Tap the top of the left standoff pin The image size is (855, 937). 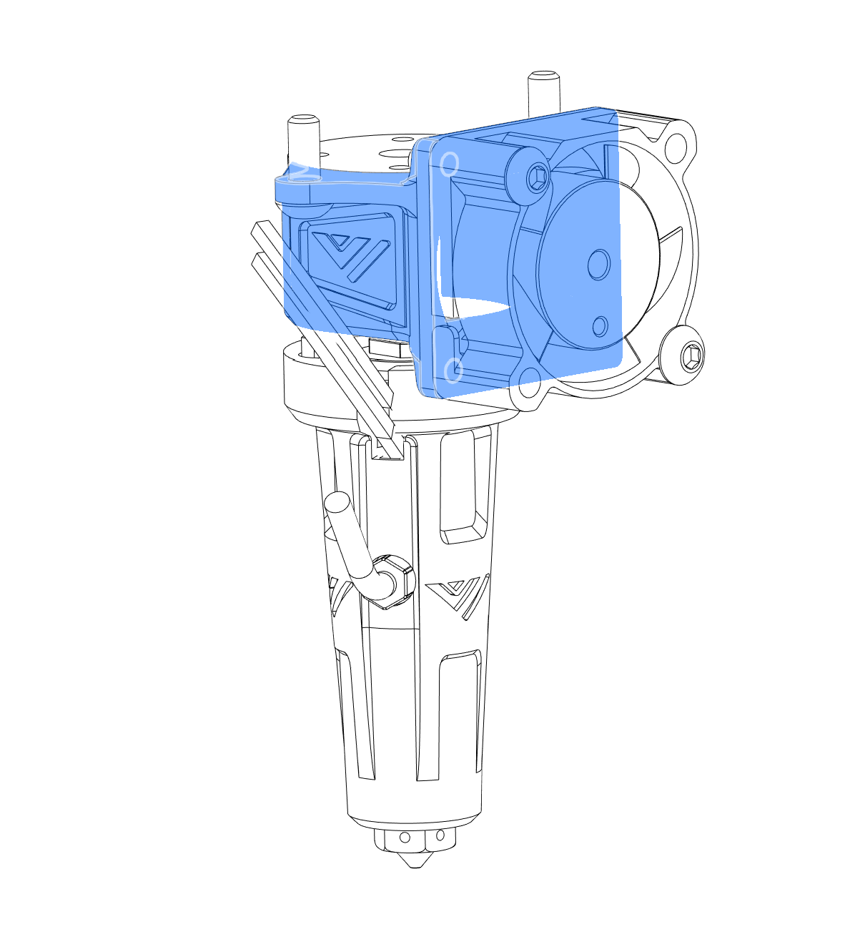[x=302, y=119]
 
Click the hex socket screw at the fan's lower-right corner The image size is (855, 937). [x=691, y=355]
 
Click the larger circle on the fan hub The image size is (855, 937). [x=598, y=265]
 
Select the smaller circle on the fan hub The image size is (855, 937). [x=601, y=326]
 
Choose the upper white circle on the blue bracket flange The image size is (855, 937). [x=448, y=164]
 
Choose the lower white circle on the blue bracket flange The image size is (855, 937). [x=453, y=371]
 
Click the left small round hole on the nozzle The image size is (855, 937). [x=405, y=838]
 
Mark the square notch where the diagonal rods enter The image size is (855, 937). [x=388, y=450]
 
